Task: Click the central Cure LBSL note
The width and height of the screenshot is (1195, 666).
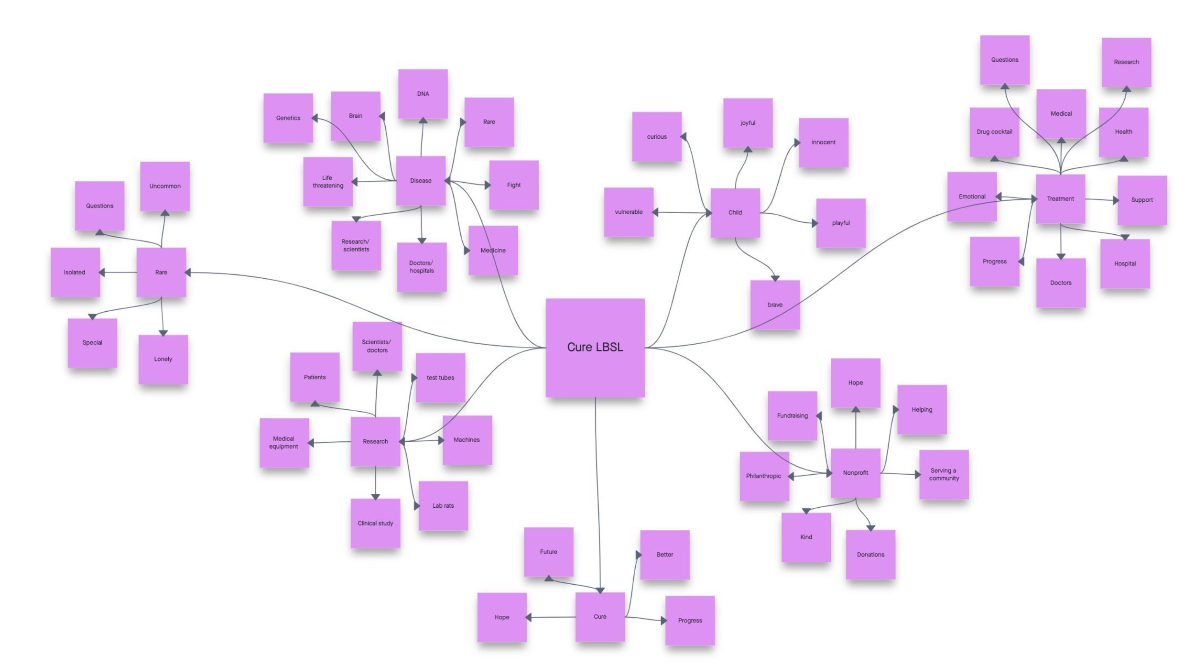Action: [595, 348]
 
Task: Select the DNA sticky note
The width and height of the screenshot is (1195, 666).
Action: [423, 94]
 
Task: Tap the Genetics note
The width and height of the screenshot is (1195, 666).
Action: [288, 118]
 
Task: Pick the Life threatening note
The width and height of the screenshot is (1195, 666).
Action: [327, 182]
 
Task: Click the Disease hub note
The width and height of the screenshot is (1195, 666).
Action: [421, 180]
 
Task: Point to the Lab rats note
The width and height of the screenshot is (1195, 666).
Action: [443, 505]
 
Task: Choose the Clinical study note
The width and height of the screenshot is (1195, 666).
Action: [375, 523]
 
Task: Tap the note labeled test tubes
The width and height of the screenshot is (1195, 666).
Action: [440, 377]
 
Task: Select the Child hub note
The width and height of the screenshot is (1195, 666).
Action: [735, 212]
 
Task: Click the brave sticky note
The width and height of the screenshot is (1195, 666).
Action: [775, 305]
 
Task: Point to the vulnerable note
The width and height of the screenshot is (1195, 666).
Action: [629, 212]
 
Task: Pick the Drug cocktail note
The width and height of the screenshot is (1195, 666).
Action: [994, 131]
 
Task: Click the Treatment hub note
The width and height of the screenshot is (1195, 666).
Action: [1060, 198]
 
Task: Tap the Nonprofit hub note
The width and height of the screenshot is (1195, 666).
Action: [855, 472]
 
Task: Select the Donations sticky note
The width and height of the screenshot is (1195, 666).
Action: [870, 554]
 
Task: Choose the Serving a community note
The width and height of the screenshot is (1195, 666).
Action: [944, 474]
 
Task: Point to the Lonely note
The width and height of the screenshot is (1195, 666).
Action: [163, 359]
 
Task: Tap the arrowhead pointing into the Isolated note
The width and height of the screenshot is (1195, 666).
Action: [102, 273]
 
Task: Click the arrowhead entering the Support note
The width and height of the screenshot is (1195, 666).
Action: [1115, 200]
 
